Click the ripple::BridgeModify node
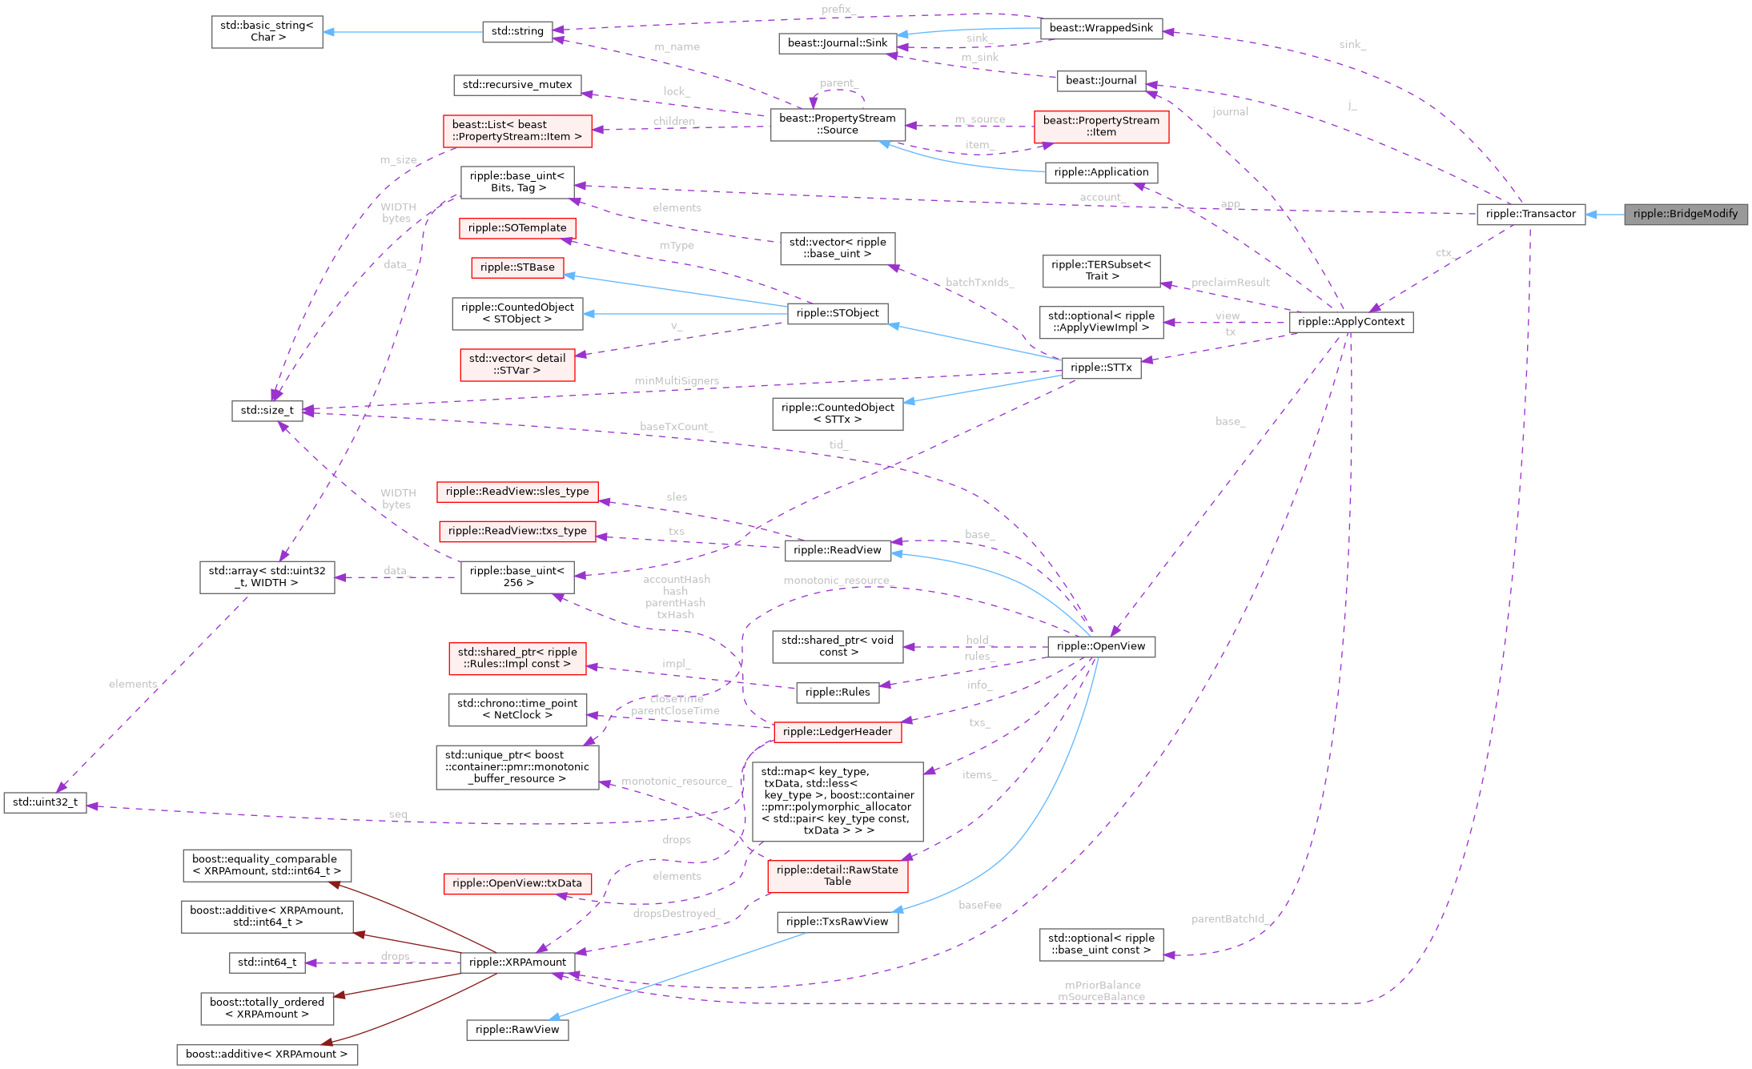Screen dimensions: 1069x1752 pos(1685,214)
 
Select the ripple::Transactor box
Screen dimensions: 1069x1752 pos(1530,214)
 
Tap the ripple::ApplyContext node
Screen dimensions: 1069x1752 pos(1350,322)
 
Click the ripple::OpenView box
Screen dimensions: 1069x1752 pos(1100,646)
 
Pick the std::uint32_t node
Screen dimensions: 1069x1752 pos(45,802)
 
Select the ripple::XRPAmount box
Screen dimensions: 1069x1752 pos(517,963)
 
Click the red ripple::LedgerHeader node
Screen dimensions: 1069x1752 pos(837,732)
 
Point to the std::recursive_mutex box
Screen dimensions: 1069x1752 pos(517,85)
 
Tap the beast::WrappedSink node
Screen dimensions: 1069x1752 pos(1100,28)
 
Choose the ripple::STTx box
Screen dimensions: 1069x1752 pos(1100,368)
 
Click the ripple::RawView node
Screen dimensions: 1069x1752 pos(517,1030)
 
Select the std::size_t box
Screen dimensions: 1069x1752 pos(267,411)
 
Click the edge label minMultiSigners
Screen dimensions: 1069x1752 pos(676,381)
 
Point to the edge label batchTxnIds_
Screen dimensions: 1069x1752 pos(978,283)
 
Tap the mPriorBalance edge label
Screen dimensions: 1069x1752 pos(1102,985)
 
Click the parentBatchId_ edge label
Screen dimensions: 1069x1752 pos(1228,919)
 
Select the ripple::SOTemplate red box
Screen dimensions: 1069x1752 pos(517,228)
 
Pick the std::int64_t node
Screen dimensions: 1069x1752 pos(267,963)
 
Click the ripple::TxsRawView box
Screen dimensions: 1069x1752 pos(837,922)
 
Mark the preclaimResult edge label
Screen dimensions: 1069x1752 pos(1230,283)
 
